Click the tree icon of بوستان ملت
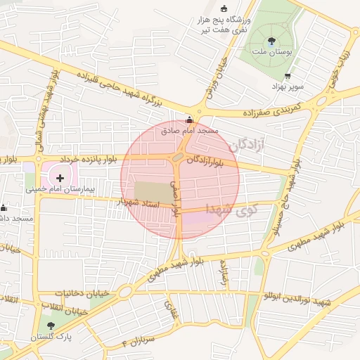click(x=272, y=40)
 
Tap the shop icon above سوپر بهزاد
click(x=287, y=76)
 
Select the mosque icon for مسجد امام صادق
click(x=188, y=120)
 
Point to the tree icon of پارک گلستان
click(x=50, y=325)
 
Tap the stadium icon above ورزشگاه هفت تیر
click(x=224, y=8)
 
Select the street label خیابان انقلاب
click(x=64, y=308)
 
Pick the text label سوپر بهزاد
click(x=288, y=85)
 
